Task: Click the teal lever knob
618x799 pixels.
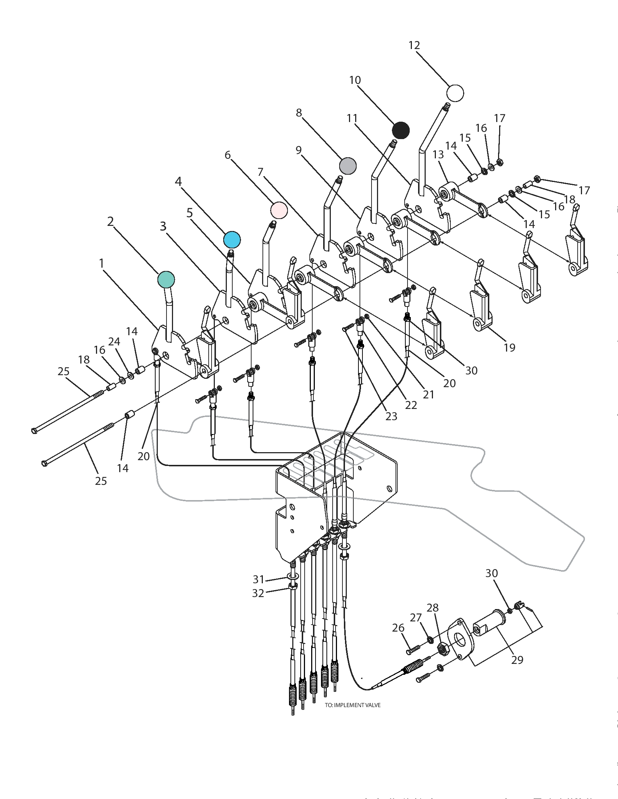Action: click(x=166, y=280)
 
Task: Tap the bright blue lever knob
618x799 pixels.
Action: click(x=232, y=240)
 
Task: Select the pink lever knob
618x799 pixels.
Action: click(x=279, y=210)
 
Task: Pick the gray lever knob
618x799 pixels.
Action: click(x=348, y=166)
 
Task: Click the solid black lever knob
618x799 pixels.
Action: click(x=401, y=130)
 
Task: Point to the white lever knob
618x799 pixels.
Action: click(x=455, y=93)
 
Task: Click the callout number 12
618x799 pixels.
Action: click(x=414, y=45)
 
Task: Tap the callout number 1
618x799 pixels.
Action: click(x=101, y=263)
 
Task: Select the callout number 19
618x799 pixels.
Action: click(x=510, y=347)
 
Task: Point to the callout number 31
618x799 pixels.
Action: click(x=258, y=579)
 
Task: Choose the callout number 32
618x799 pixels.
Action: click(x=258, y=593)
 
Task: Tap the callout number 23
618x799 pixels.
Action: click(x=392, y=416)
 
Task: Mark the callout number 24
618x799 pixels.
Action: click(x=114, y=341)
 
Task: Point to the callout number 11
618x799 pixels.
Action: click(x=352, y=118)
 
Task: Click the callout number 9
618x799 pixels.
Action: click(x=299, y=150)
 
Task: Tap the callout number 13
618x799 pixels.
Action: click(x=438, y=154)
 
